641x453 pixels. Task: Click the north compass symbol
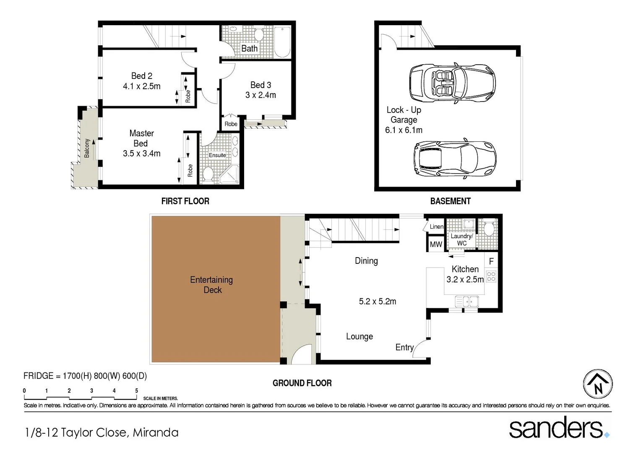(598, 384)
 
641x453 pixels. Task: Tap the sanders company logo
(558, 428)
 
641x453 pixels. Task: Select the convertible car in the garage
(452, 83)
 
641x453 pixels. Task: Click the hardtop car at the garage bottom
(455, 159)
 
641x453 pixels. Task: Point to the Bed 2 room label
(141, 76)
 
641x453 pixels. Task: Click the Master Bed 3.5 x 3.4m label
(141, 143)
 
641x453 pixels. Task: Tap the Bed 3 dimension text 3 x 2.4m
(261, 95)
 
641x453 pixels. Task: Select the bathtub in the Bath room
(282, 42)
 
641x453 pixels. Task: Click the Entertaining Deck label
(212, 285)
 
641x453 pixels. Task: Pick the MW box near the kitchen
(436, 245)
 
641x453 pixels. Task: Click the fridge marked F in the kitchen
(491, 261)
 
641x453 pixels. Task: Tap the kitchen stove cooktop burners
(491, 277)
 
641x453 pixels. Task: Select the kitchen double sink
(467, 301)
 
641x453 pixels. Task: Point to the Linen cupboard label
(436, 226)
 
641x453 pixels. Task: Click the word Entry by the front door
(404, 347)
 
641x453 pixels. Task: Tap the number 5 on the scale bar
(136, 391)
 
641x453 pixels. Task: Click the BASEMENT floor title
(450, 201)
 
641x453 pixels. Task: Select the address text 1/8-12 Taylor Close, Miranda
(102, 432)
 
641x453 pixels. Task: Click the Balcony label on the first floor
(87, 148)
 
